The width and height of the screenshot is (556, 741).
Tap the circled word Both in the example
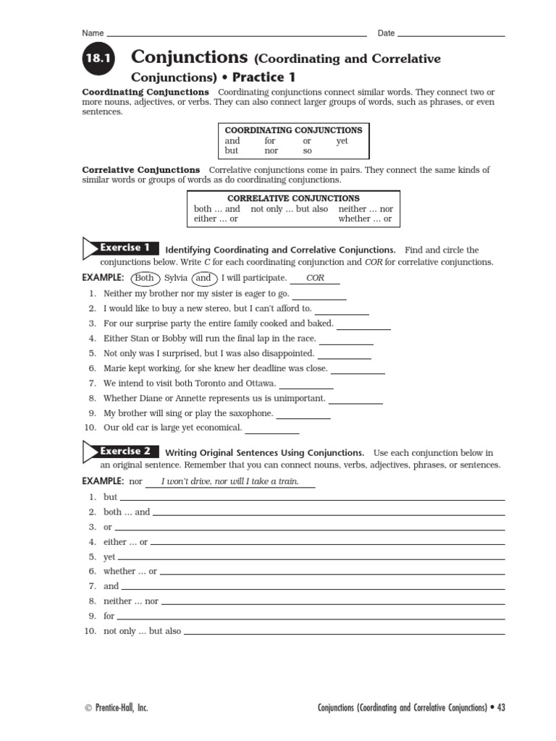click(145, 278)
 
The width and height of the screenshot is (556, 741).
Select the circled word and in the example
click(203, 278)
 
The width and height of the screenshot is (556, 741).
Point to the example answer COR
click(315, 278)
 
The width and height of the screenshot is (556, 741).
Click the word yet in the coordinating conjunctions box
click(342, 141)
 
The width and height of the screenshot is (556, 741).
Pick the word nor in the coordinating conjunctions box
click(271, 152)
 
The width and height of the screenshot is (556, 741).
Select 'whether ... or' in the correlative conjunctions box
click(365, 219)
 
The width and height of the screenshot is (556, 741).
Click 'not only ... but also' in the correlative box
click(289, 208)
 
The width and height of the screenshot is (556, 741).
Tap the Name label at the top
click(93, 33)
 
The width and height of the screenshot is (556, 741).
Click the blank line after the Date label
click(451, 34)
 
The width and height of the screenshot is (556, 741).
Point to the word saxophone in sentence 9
click(248, 413)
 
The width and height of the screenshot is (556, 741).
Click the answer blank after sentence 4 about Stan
click(345, 340)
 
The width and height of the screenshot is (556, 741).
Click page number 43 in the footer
click(500, 708)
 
